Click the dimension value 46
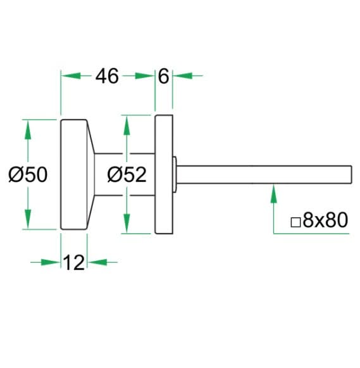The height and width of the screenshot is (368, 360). click(107, 76)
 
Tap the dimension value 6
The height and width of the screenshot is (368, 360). click(163, 76)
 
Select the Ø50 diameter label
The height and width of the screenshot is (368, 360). click(28, 175)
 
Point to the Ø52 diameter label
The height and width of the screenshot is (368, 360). click(127, 175)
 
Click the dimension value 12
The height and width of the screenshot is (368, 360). click(74, 262)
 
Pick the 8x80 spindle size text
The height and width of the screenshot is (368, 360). click(325, 220)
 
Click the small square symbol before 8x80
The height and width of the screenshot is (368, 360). click(295, 222)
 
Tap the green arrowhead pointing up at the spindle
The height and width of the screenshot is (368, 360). click(273, 194)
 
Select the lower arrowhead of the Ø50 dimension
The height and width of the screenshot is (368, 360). click(28, 219)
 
